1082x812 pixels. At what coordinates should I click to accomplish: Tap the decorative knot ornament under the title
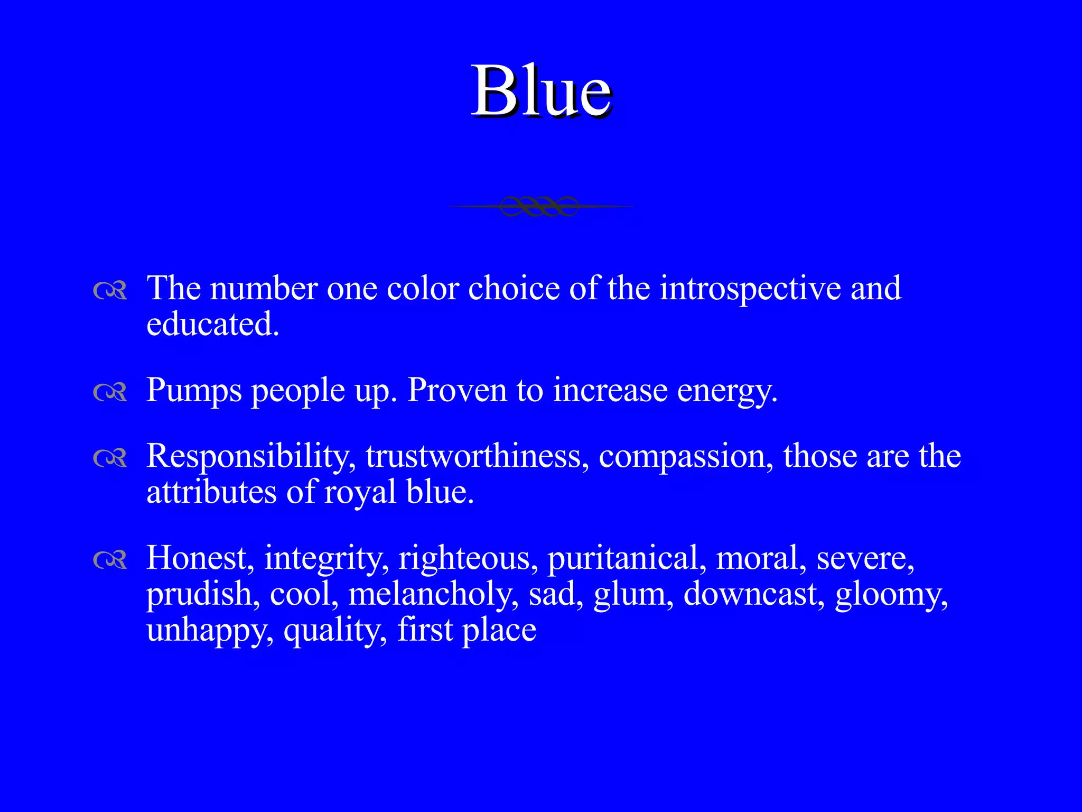click(539, 206)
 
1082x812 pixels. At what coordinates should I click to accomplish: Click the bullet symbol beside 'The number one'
click(110, 290)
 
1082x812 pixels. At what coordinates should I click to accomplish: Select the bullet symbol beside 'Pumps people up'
click(110, 392)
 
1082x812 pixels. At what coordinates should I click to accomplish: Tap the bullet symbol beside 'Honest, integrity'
click(110, 559)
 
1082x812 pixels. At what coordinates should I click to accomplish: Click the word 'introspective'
click(750, 290)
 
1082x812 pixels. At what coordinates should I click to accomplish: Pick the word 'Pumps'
click(194, 391)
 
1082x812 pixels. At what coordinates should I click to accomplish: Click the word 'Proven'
click(458, 391)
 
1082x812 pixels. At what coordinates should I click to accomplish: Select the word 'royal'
click(360, 493)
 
